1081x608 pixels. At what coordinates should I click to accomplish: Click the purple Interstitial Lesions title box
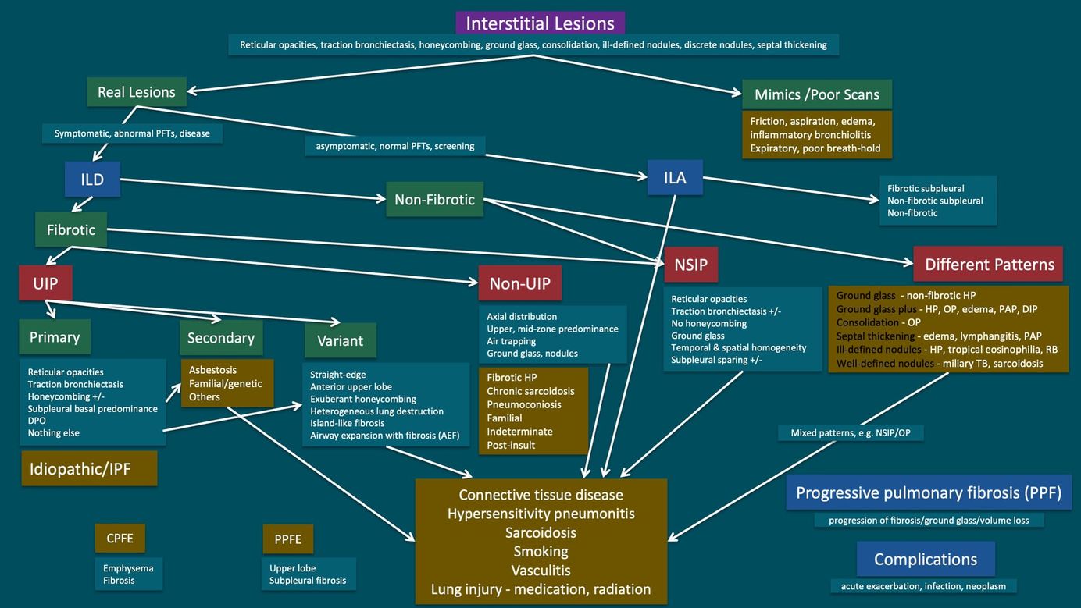(x=540, y=23)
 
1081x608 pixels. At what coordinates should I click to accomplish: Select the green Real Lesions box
(x=137, y=91)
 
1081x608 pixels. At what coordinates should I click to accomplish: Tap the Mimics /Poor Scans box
(x=816, y=94)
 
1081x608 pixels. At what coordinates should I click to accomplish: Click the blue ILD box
(x=92, y=180)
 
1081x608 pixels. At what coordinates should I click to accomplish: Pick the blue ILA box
(x=675, y=177)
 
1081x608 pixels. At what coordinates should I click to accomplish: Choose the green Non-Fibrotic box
(x=434, y=199)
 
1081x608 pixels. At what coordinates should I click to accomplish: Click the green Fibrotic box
(x=71, y=229)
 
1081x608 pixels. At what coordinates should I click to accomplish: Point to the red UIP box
(x=45, y=283)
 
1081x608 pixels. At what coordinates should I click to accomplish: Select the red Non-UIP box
(x=519, y=283)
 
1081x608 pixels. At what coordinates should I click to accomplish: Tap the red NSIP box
(x=691, y=265)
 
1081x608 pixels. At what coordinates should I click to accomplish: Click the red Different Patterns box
(x=988, y=264)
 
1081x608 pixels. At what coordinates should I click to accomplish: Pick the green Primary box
(x=55, y=336)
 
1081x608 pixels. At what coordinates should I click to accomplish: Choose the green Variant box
(x=341, y=340)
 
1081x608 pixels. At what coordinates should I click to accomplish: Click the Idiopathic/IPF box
(x=89, y=468)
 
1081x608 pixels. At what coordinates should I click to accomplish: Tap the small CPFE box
(x=120, y=538)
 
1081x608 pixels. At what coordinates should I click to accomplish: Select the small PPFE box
(x=287, y=539)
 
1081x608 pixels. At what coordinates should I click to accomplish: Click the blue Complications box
(x=926, y=559)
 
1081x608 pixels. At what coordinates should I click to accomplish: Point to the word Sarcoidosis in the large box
(x=540, y=532)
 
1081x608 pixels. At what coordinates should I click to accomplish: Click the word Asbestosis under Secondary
(x=212, y=370)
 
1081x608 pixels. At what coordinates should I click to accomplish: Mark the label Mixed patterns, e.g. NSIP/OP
(x=851, y=432)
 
